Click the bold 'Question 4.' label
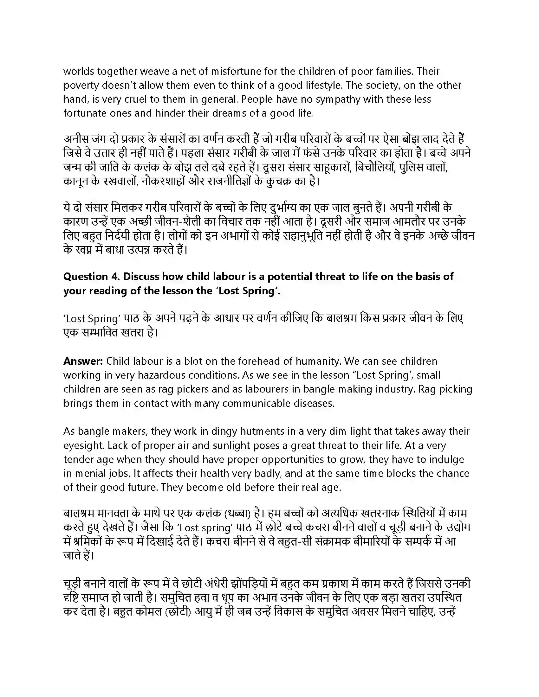pos(91,276)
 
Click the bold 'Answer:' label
pos(83,361)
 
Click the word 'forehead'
pos(259,361)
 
